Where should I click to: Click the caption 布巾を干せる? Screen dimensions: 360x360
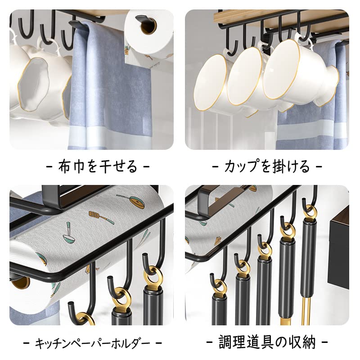(x=98, y=166)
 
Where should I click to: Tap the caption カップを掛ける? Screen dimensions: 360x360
(x=267, y=166)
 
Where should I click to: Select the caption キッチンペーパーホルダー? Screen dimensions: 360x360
(x=93, y=343)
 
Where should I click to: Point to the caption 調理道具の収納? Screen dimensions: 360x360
(x=267, y=342)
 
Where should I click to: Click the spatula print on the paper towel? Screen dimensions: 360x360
(x=101, y=217)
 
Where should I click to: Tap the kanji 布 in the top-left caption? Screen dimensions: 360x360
(x=65, y=166)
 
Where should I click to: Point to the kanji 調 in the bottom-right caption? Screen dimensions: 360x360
(x=225, y=342)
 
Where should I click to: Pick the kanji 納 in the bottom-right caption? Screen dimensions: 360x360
(x=309, y=342)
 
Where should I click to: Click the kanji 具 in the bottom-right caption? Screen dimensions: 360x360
(x=267, y=342)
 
